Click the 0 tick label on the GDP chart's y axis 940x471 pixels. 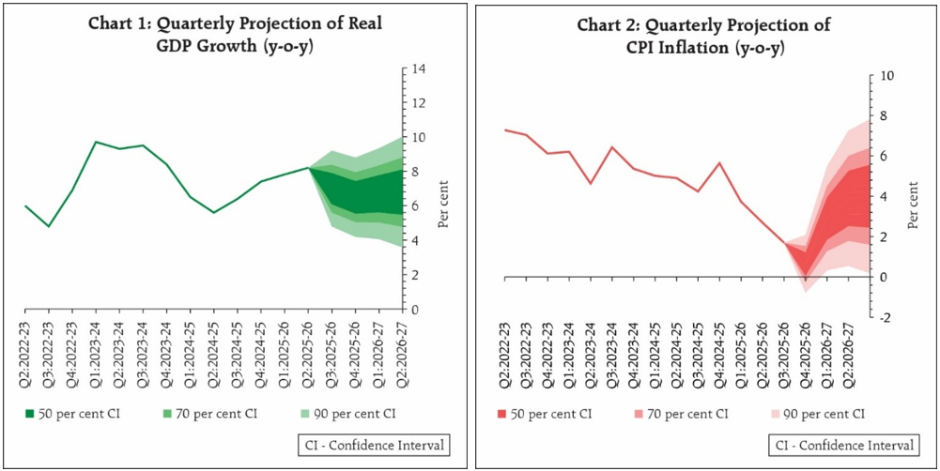417,310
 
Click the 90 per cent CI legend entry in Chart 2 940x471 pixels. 816,413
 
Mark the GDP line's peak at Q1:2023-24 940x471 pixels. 96,142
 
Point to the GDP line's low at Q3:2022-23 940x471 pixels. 49,226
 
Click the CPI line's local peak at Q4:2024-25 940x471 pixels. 719,163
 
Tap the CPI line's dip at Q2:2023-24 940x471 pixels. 590,183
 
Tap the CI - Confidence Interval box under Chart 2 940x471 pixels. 842,445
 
